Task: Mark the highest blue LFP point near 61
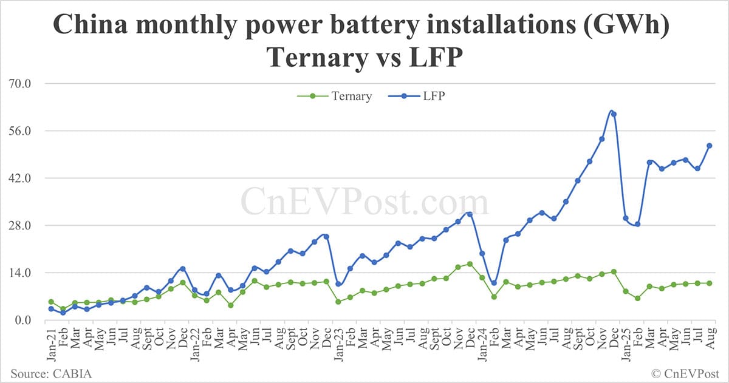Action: click(x=614, y=114)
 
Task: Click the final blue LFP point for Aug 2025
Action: click(x=709, y=146)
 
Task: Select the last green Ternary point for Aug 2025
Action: click(x=709, y=283)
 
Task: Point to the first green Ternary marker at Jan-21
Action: click(x=51, y=302)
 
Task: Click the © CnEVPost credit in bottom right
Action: click(x=685, y=372)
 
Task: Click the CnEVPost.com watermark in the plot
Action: click(x=364, y=200)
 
